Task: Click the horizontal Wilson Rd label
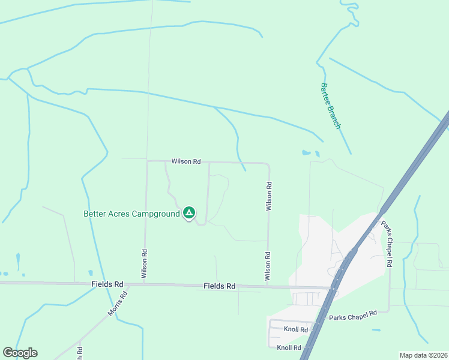click(185, 161)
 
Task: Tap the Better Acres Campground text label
click(131, 214)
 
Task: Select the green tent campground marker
click(189, 212)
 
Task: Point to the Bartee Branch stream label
click(330, 106)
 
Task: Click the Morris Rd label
click(119, 304)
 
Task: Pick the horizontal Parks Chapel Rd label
click(352, 313)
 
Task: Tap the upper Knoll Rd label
click(295, 329)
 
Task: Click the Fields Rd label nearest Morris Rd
click(107, 284)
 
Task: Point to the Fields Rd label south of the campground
click(219, 287)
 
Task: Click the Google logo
click(20, 353)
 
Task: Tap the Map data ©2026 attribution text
click(423, 355)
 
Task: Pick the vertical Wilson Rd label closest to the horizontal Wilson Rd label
click(270, 196)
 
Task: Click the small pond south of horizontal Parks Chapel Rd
click(376, 330)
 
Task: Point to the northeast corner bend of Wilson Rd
click(267, 164)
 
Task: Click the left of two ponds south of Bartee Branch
click(307, 152)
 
